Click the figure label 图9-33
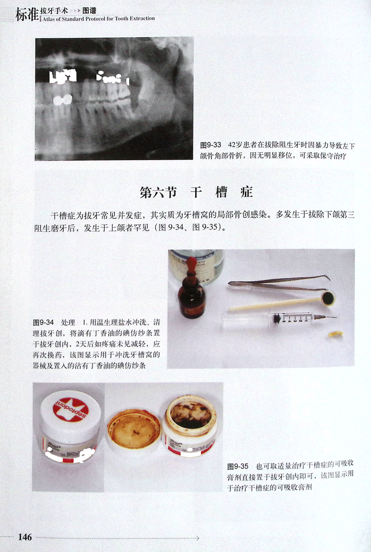[211, 145]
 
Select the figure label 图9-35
[238, 466]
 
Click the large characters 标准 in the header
[27, 15]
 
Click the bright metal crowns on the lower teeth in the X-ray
[63, 99]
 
